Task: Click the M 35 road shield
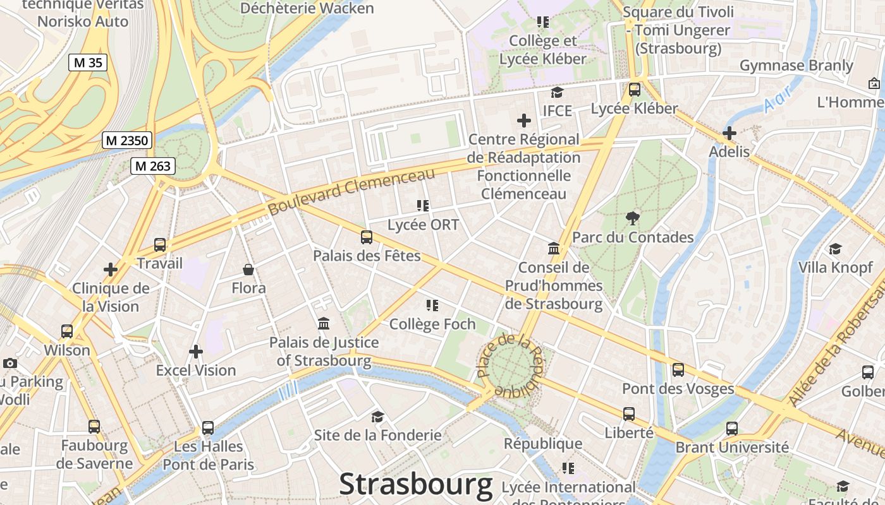coord(88,62)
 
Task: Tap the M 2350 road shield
coord(127,140)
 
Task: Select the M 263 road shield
coord(152,166)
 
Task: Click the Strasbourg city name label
coord(416,485)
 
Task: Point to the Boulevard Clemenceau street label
coord(351,191)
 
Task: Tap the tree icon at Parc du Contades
coord(632,218)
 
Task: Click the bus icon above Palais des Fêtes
coord(367,237)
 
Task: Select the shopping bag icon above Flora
coord(248,270)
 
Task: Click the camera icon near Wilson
coord(9,363)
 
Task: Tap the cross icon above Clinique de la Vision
coord(111,270)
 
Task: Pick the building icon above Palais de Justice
coord(324,324)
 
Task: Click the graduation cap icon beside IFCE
coord(557,93)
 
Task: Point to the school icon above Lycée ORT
coord(423,205)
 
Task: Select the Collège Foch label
coord(432,324)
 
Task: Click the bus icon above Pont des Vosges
coord(678,370)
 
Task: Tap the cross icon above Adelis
coord(729,133)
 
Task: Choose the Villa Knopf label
coord(835,267)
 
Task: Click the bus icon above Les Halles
coord(208,427)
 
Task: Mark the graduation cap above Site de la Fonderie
coord(377,417)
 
